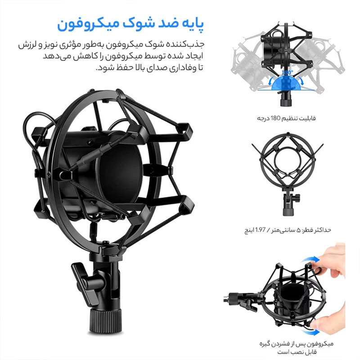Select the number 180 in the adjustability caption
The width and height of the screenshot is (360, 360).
(x=276, y=118)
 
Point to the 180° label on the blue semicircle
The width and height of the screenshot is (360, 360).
(x=287, y=72)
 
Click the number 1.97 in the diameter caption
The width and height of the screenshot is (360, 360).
(x=261, y=229)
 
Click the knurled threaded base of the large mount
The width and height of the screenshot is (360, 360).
(x=105, y=320)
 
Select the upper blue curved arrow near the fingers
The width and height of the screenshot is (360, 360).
(x=310, y=260)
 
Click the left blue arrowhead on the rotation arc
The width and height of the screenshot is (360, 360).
(x=271, y=81)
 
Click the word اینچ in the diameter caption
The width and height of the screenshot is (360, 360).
(x=249, y=230)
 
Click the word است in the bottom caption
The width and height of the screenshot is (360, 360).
(x=283, y=352)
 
